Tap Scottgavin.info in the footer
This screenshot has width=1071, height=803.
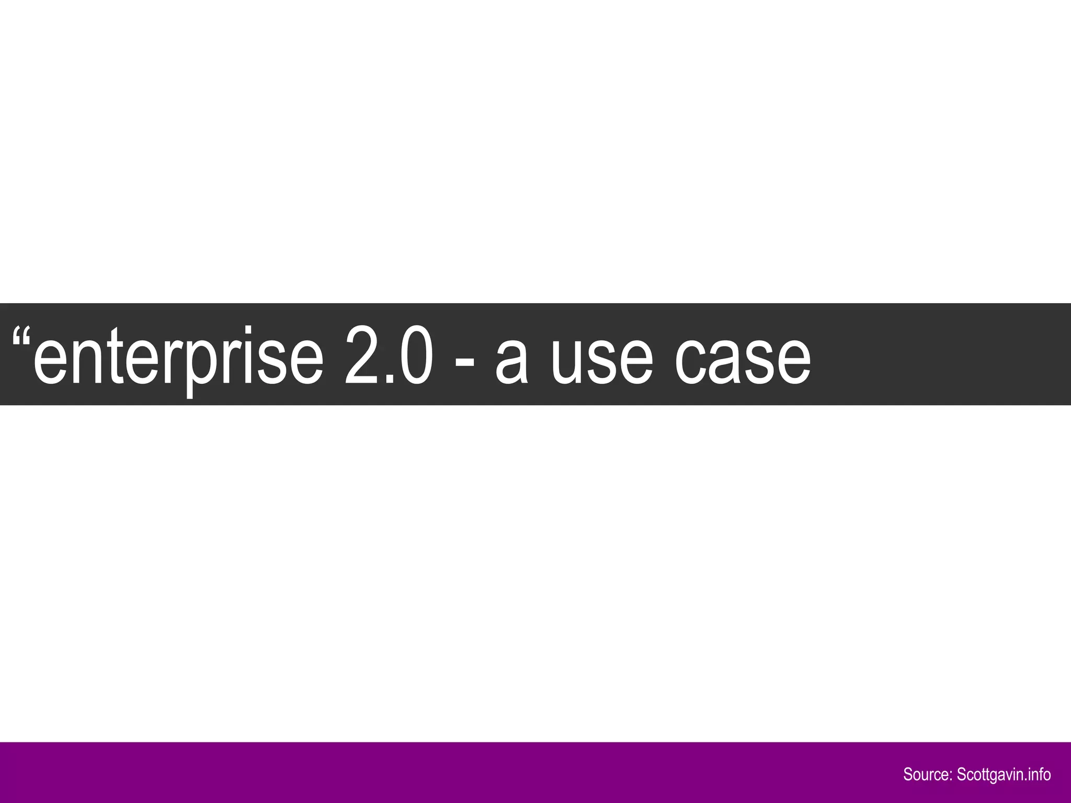coord(1004,774)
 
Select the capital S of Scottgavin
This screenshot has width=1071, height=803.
coord(961,774)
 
